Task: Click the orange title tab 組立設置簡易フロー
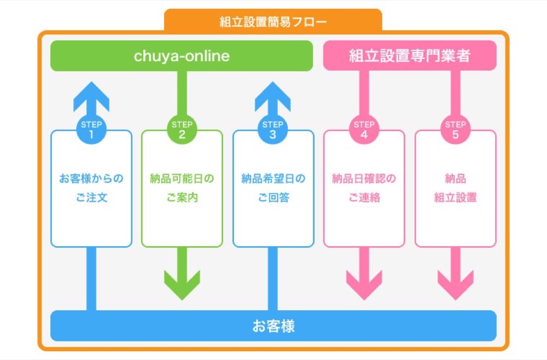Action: tap(273, 22)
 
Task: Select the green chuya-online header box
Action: tap(182, 56)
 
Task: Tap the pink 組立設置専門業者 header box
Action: tap(410, 56)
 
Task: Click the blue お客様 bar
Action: tap(273, 326)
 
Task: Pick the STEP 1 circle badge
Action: tap(91, 129)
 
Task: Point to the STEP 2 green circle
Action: tap(182, 129)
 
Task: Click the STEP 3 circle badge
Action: tap(273, 129)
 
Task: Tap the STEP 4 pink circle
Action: tap(364, 129)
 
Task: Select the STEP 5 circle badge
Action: tap(455, 129)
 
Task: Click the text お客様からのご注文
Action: tap(91, 188)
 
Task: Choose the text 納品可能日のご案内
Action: tap(182, 188)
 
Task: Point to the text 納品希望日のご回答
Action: tap(273, 188)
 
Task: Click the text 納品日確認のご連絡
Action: tap(364, 188)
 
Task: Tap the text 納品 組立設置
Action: tap(455, 188)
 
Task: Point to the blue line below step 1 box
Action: tap(91, 279)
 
